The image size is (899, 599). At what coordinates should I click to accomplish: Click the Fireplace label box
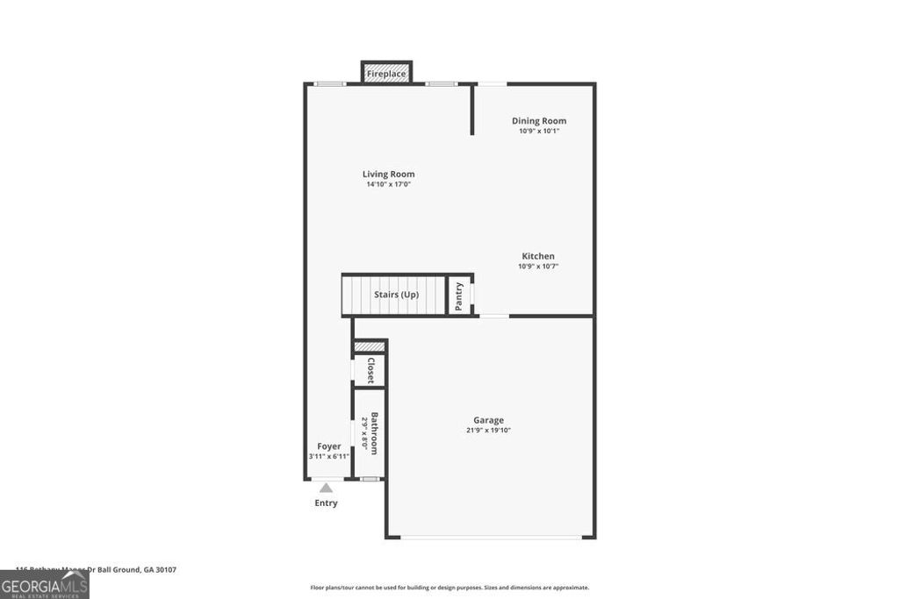[386, 74]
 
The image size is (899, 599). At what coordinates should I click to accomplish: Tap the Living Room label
[388, 174]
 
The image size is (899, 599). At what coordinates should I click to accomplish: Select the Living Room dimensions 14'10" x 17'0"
[388, 184]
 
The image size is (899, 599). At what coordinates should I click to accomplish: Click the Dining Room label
[539, 121]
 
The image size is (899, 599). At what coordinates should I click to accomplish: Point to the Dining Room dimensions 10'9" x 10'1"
[539, 131]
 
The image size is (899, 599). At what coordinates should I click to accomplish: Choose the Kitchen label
[538, 256]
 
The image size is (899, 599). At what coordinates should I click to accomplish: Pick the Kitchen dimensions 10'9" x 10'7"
[538, 266]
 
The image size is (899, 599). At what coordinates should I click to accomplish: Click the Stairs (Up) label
[396, 295]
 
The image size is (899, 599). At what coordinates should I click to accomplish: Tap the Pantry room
[459, 296]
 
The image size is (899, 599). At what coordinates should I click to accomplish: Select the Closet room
[370, 370]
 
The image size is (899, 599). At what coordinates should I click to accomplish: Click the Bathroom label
[374, 433]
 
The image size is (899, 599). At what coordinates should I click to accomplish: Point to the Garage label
[488, 420]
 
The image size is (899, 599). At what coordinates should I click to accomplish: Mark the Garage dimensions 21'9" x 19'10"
[488, 430]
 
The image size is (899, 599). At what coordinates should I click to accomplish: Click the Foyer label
[329, 446]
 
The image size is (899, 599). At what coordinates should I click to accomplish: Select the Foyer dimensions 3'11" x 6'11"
[329, 456]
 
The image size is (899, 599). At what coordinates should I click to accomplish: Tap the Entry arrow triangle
[326, 488]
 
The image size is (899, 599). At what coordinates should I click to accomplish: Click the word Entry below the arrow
[326, 503]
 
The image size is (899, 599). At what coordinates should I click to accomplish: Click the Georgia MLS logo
[44, 585]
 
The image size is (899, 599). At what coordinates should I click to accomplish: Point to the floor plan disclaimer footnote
[449, 588]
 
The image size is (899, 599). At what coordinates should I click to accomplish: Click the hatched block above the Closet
[370, 347]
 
